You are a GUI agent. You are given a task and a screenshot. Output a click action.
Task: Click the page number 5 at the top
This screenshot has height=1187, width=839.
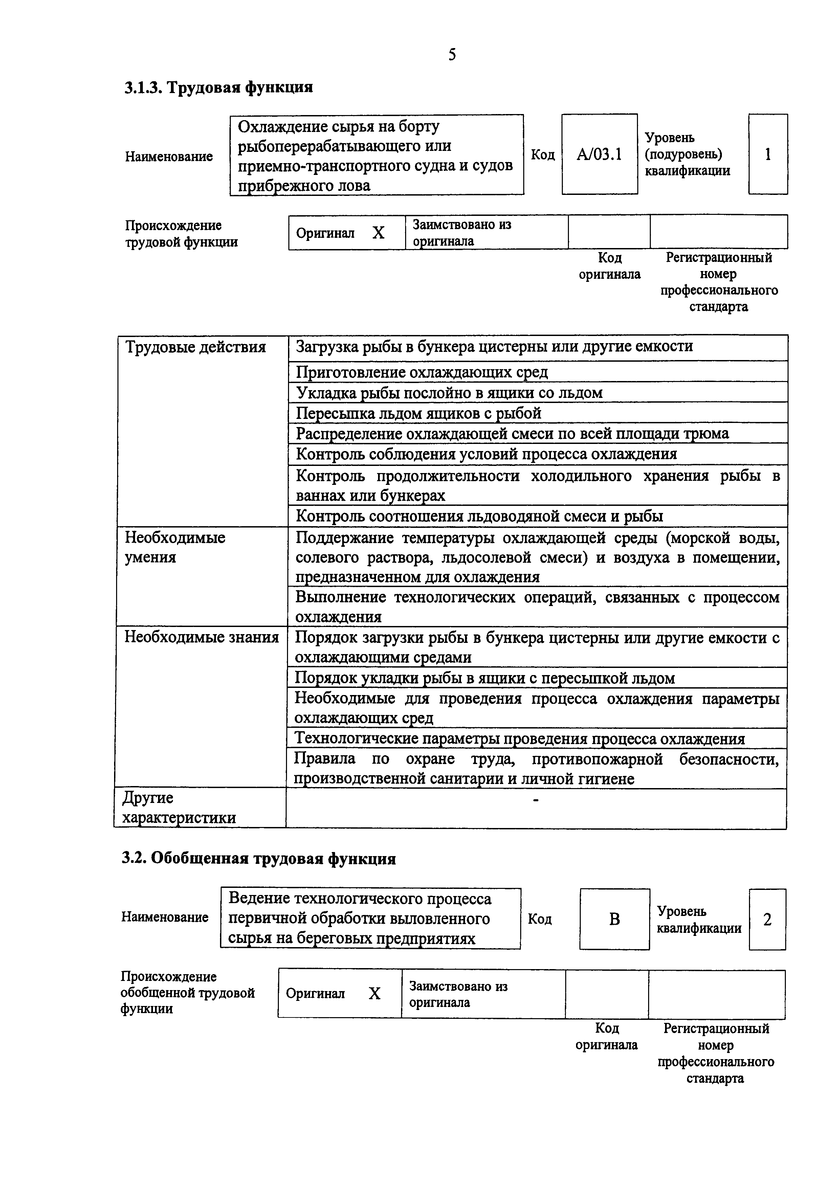(452, 55)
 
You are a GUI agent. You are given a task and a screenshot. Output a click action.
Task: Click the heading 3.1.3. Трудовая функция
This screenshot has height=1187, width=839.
(219, 87)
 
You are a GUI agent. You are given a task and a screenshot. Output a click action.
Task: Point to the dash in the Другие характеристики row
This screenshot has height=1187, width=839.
(535, 800)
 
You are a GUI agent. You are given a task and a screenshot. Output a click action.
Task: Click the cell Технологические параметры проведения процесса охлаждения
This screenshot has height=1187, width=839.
(520, 739)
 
